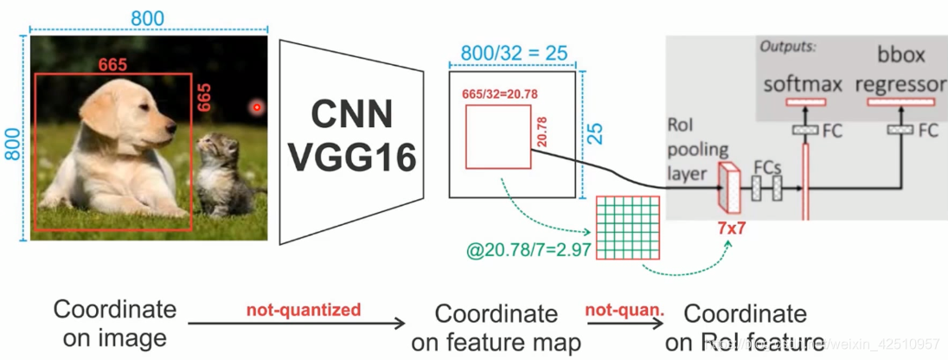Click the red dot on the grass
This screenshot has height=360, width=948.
tap(256, 108)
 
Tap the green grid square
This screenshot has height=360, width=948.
tap(629, 227)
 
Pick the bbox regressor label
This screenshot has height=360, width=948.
tap(900, 71)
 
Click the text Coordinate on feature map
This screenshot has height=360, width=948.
tap(496, 327)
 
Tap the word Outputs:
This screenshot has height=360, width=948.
tap(789, 46)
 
